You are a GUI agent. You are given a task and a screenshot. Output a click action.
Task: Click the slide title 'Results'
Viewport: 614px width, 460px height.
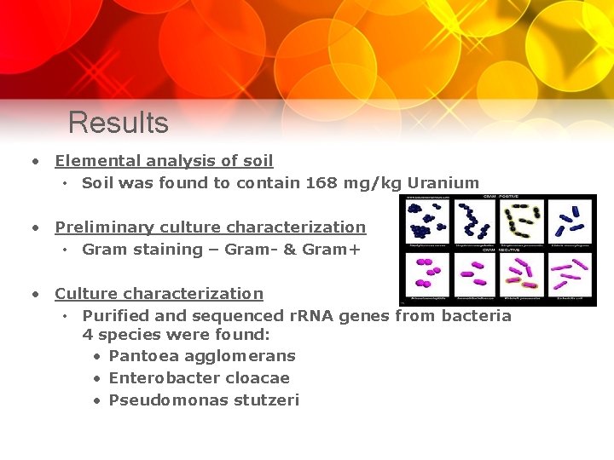click(x=119, y=123)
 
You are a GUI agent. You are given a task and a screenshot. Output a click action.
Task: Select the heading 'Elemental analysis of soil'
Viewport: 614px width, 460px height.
click(x=164, y=161)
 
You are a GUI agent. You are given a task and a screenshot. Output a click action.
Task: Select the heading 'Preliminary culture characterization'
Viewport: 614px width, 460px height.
click(x=210, y=227)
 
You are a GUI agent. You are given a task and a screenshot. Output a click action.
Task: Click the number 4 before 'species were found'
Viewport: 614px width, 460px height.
click(x=87, y=335)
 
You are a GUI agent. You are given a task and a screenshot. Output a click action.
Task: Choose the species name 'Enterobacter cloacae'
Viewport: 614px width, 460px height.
click(x=200, y=378)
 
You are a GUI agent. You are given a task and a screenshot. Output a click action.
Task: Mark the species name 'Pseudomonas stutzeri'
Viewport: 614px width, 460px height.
click(x=204, y=400)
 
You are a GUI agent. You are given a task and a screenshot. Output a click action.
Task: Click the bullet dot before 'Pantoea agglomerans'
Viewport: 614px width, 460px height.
click(x=99, y=356)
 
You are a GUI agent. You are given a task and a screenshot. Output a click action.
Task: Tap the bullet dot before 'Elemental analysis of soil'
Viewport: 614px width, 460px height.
click(x=36, y=161)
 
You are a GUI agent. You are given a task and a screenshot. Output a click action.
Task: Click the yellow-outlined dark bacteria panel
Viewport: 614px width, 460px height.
click(x=523, y=222)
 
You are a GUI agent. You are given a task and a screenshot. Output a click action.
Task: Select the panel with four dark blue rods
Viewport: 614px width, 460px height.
click(x=570, y=222)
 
